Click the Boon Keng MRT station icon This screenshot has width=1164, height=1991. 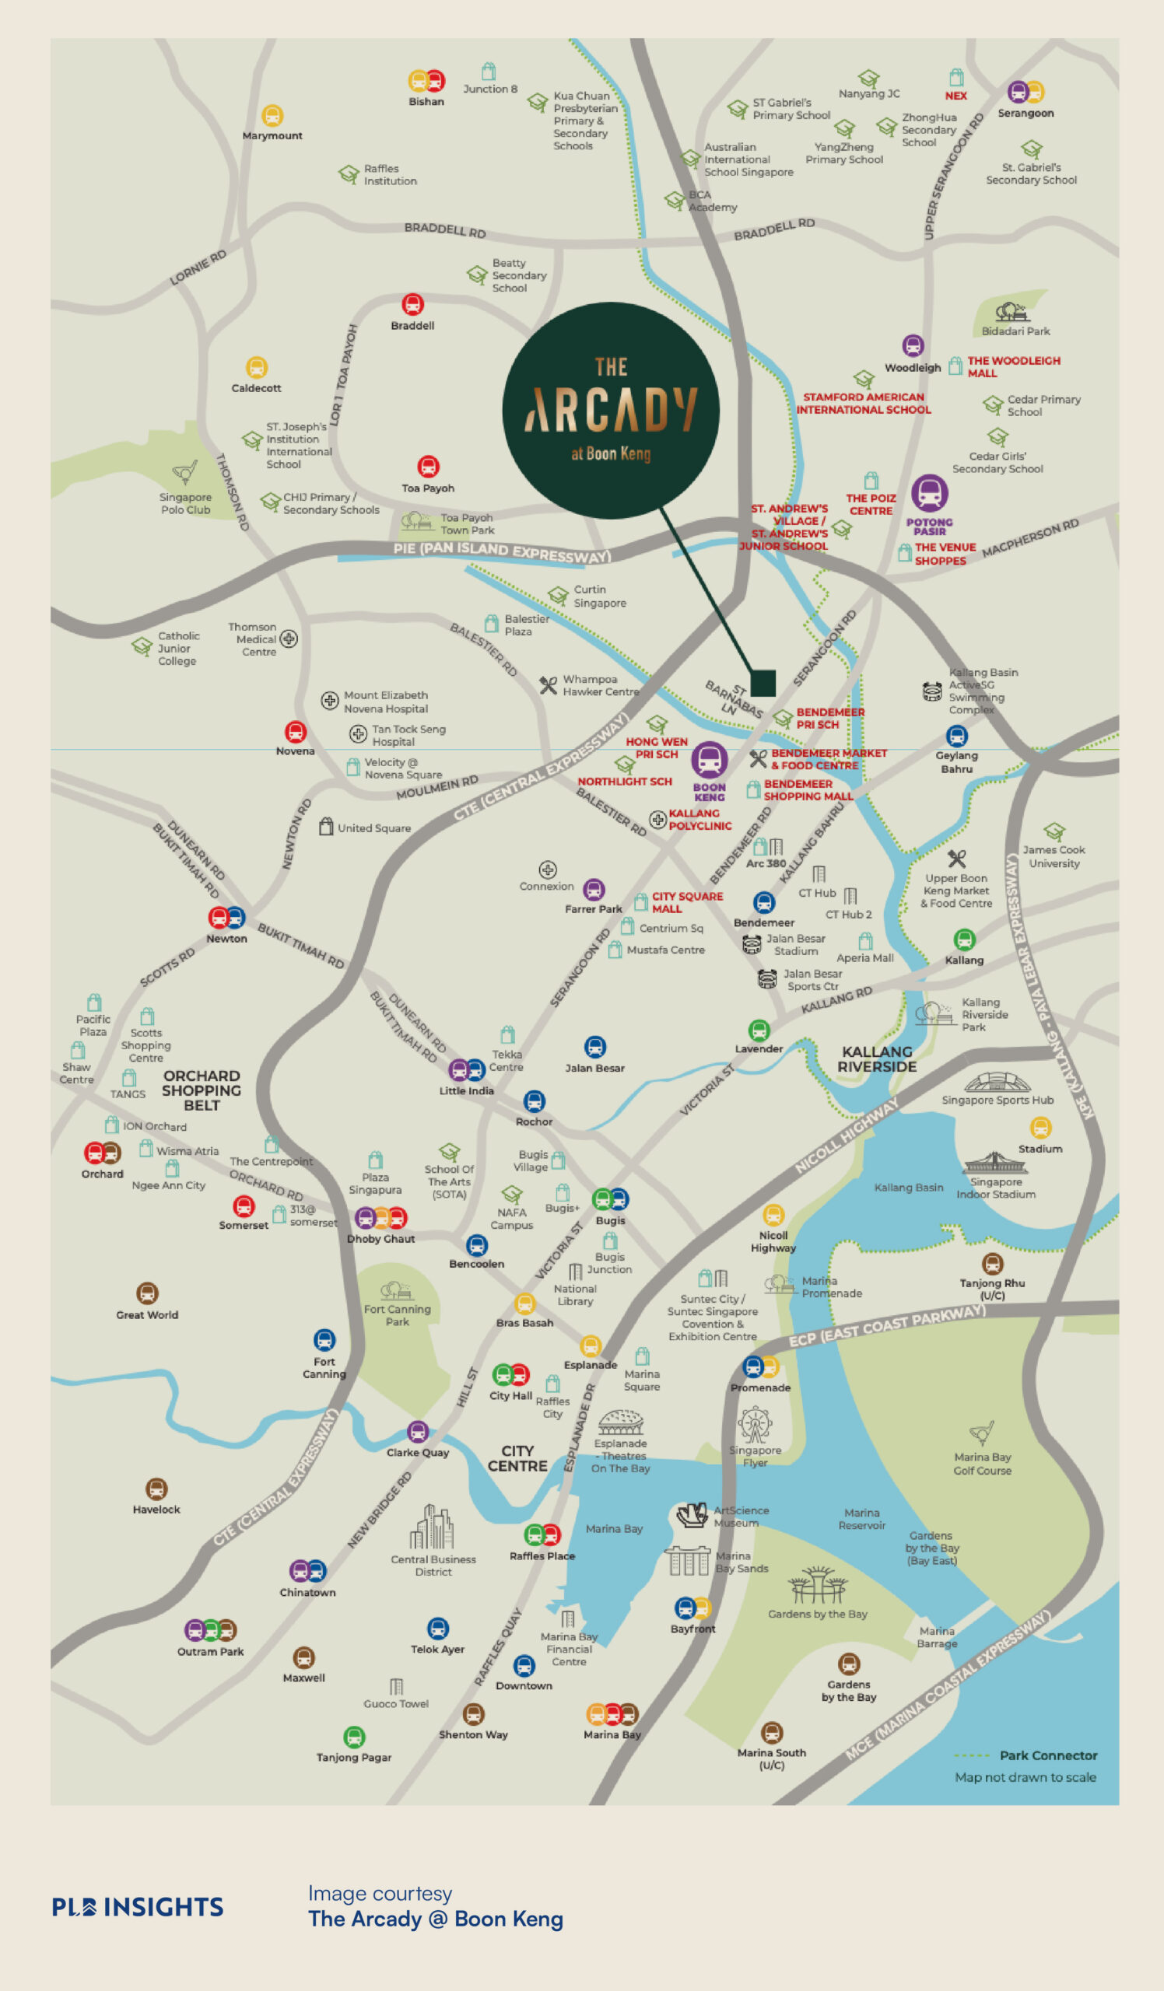pos(709,759)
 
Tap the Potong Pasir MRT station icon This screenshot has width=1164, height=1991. pos(929,494)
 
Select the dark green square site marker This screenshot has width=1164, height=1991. pos(763,683)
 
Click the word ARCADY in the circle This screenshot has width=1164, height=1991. pos(611,410)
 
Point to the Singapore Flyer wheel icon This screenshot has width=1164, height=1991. pos(755,1425)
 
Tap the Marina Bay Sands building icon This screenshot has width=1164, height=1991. pos(688,1560)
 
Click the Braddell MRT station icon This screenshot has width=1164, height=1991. pos(412,304)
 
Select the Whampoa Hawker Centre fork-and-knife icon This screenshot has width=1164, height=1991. pos(548,685)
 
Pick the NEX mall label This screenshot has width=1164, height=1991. pos(955,96)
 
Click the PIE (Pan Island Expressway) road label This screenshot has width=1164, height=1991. pos(502,551)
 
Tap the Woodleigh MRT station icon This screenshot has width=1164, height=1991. pos(913,346)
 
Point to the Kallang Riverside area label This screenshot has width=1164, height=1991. pos(877,1058)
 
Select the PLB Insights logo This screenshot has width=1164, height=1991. pos(138,1906)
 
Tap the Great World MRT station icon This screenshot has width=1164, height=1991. pos(147,1293)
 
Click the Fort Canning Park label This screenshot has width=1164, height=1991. pos(397,1314)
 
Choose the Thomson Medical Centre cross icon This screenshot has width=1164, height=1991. pos(289,639)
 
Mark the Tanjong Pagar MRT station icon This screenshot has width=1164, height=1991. pos(354,1737)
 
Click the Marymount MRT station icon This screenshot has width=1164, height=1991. pos(272,115)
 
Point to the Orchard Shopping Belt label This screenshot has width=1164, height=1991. pos(201,1090)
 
